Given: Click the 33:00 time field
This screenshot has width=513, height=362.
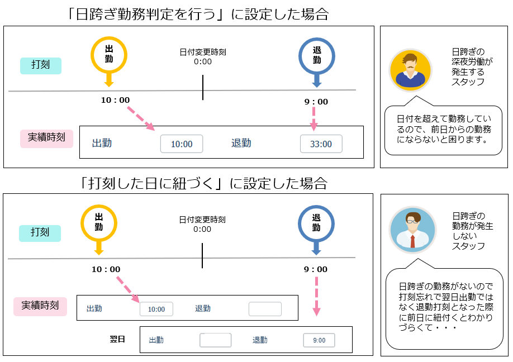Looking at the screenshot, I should click(x=321, y=144).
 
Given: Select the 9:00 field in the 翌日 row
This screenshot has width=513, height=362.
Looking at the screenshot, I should click(x=319, y=340).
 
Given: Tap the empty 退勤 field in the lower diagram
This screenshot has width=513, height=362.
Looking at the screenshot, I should click(x=265, y=309).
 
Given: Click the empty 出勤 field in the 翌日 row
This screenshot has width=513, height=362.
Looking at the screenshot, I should click(x=215, y=340).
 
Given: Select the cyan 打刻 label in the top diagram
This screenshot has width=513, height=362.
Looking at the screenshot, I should click(x=40, y=65).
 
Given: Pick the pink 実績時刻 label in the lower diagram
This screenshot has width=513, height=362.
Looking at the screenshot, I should click(x=40, y=306).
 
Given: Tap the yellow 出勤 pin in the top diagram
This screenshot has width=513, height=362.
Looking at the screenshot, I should click(x=109, y=56).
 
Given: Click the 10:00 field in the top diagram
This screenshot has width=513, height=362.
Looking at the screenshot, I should click(x=182, y=144).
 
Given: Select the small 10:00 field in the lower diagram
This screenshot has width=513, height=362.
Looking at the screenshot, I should click(x=156, y=309).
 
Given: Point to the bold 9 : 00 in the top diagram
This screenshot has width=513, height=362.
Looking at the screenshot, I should click(x=316, y=102).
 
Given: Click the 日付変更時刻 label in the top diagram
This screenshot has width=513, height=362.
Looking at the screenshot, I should click(x=203, y=52).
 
